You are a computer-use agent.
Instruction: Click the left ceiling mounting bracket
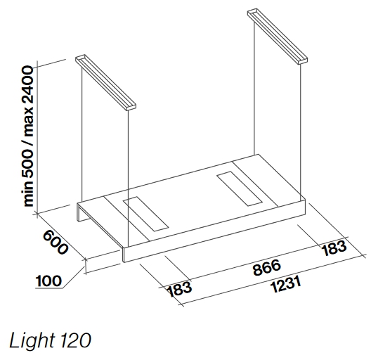tap(106, 83)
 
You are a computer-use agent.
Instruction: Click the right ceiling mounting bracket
tap(278, 37)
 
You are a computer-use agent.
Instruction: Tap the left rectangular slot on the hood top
tap(145, 214)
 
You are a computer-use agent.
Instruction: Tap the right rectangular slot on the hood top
tap(240, 188)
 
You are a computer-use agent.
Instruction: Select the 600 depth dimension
tap(55, 243)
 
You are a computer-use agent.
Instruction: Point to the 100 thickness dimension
tap(48, 281)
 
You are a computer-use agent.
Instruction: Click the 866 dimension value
tap(267, 268)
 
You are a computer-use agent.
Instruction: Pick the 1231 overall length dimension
tap(286, 285)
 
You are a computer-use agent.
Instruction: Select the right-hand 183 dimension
tap(334, 248)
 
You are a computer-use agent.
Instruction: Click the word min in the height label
tap(28, 195)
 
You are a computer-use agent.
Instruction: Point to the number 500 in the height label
tap(28, 166)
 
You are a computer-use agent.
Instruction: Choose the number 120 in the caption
tap(75, 341)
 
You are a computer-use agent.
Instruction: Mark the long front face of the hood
tap(214, 231)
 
